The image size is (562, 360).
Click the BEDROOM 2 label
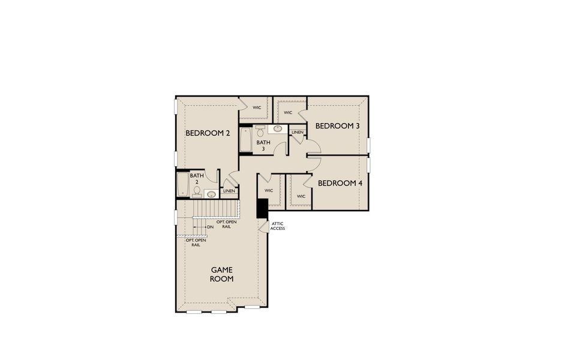click(x=208, y=133)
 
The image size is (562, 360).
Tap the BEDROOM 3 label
click(x=338, y=126)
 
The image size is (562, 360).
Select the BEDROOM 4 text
click(x=340, y=183)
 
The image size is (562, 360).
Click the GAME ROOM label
click(x=222, y=274)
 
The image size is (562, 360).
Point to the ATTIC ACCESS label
click(x=278, y=226)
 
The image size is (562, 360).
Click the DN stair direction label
click(x=211, y=227)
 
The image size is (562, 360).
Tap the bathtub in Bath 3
click(x=246, y=140)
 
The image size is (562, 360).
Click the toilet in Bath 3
click(x=260, y=129)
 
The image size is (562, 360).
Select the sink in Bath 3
click(x=278, y=128)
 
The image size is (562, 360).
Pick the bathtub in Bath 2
click(x=182, y=185)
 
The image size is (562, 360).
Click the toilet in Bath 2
click(x=196, y=191)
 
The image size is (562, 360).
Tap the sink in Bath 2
click(x=211, y=194)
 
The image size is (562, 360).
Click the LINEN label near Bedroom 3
click(x=297, y=132)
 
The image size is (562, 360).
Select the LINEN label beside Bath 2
click(x=229, y=191)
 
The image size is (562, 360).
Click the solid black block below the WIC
click(x=262, y=208)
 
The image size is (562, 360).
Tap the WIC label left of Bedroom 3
click(x=288, y=112)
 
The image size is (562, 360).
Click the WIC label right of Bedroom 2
click(x=257, y=108)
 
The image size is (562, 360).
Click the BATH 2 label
click(x=196, y=179)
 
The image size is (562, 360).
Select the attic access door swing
click(x=264, y=226)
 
